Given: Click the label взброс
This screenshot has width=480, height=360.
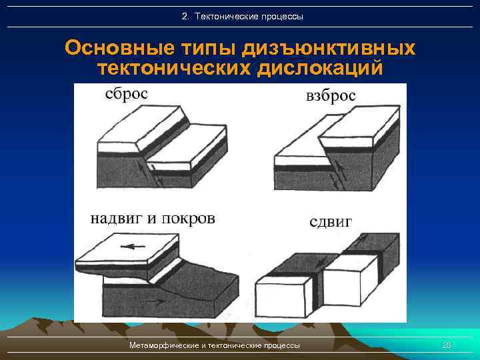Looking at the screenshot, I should coord(331,97).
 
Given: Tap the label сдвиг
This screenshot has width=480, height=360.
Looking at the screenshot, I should coord(331,221).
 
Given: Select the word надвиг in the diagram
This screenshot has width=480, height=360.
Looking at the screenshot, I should coord(115,219).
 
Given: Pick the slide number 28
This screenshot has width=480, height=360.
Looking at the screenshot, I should coord(447,345).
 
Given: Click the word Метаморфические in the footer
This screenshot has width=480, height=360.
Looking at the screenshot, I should coord(163,345).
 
